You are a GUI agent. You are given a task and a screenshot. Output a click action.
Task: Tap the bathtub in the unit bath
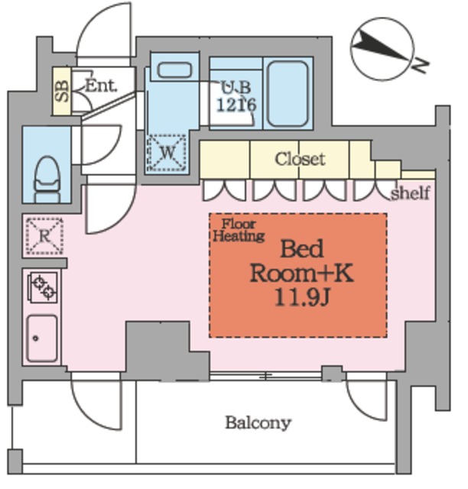pyautogui.click(x=288, y=93)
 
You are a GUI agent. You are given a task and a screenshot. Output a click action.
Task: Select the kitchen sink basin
pyautogui.click(x=42, y=338)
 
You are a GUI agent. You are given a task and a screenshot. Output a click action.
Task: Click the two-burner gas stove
pyautogui.click(x=43, y=287)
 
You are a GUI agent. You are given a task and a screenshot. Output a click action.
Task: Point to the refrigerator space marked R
pyautogui.click(x=44, y=236)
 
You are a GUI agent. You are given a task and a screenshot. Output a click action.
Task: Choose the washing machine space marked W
pyautogui.click(x=167, y=153)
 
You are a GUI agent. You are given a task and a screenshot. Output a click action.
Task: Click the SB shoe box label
pyautogui.click(x=62, y=91)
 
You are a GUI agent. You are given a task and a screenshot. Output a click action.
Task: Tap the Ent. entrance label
pyautogui.click(x=101, y=86)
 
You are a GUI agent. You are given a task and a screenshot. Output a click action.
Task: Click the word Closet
pyautogui.click(x=300, y=159)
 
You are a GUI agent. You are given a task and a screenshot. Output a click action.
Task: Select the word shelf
pyautogui.click(x=411, y=193)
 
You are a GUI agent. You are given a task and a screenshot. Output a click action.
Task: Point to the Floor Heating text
pyautogui.click(x=239, y=230)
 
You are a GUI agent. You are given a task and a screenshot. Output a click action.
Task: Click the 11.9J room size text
pyautogui.click(x=302, y=298)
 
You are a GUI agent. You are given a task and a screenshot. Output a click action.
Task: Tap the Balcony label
pyautogui.click(x=258, y=423)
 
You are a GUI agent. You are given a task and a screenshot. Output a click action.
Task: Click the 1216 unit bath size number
pyautogui.click(x=236, y=105)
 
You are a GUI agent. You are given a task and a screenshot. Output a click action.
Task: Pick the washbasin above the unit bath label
pyautogui.click(x=174, y=70)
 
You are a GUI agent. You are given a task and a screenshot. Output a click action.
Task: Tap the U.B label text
pyautogui.click(x=236, y=88)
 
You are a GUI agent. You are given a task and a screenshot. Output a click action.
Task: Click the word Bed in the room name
pyautogui.click(x=302, y=249)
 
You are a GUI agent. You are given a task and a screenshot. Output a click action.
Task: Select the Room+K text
pyautogui.click(x=302, y=274)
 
